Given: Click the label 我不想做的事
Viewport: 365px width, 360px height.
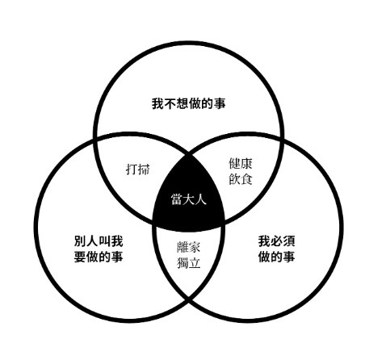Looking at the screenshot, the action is coord(188,103).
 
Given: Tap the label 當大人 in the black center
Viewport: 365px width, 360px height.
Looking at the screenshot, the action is coord(189,199).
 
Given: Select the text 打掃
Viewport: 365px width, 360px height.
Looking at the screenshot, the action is coord(138,170).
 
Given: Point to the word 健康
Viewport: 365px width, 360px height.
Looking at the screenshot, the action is coord(241,164).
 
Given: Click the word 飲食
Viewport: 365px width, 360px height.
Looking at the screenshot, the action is coord(241,179).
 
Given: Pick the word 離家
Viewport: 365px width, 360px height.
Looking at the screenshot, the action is coord(188,247).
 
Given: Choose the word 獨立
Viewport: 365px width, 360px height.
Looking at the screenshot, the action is coord(188,262).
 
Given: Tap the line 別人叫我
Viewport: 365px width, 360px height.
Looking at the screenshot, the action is coord(99,241).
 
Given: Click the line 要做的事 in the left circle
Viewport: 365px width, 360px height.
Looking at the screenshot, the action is coord(99,257).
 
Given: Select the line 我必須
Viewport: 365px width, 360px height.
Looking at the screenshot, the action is coord(276,241).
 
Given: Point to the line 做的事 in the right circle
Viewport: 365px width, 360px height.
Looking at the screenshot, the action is coord(276,257).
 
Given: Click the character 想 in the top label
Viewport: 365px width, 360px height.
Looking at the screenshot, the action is coord(182,103).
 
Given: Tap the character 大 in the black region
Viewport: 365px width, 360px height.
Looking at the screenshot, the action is coord(189,199).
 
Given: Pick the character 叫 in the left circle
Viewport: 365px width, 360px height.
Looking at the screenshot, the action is coord(105,241).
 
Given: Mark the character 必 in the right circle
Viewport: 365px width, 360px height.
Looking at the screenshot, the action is coord(276,241).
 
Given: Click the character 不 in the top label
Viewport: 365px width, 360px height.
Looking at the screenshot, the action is coord(170,103).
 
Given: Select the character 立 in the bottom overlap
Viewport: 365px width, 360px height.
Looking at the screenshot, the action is coord(195,263).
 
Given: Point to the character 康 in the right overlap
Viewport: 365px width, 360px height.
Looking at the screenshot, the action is coord(246,164).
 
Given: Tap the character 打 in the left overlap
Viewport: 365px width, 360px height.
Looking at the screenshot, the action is coord(132,170).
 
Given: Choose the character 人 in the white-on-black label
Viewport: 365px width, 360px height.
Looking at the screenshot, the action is coord(201,199).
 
